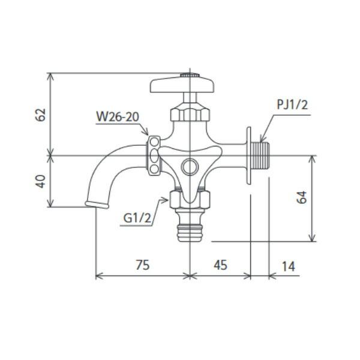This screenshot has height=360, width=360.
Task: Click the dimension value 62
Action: (40, 115)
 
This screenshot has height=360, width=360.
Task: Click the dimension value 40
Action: (41, 181)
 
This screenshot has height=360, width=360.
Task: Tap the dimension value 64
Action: (301, 197)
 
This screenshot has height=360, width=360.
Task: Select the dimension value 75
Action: (143, 265)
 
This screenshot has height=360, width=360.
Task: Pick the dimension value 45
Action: (220, 265)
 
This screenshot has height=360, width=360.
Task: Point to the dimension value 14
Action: (288, 266)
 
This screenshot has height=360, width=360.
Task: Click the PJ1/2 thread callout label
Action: (292, 104)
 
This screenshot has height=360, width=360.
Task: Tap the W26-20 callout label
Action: (118, 116)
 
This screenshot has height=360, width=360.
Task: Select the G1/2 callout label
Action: (137, 218)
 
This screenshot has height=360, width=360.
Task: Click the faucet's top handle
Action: (182, 85)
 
